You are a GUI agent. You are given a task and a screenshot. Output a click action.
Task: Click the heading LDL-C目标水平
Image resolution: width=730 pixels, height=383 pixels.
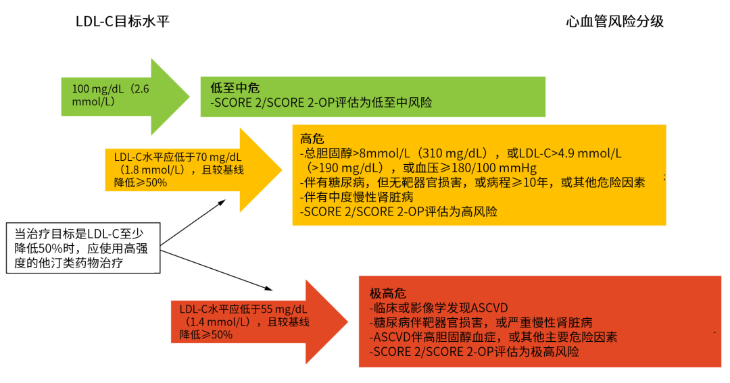tap(122, 22)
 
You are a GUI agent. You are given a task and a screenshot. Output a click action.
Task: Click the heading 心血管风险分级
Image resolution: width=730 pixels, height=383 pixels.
tap(614, 22)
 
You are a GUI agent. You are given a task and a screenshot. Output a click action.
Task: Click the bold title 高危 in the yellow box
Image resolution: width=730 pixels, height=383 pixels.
tap(311, 138)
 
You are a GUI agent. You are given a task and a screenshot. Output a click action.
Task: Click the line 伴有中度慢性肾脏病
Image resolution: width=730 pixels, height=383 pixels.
tap(357, 197)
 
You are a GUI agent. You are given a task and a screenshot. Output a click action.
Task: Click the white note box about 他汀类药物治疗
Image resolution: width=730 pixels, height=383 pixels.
tap(84, 248)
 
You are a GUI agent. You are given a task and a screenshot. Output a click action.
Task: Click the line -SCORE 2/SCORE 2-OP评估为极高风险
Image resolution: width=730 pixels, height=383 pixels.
tap(474, 352)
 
